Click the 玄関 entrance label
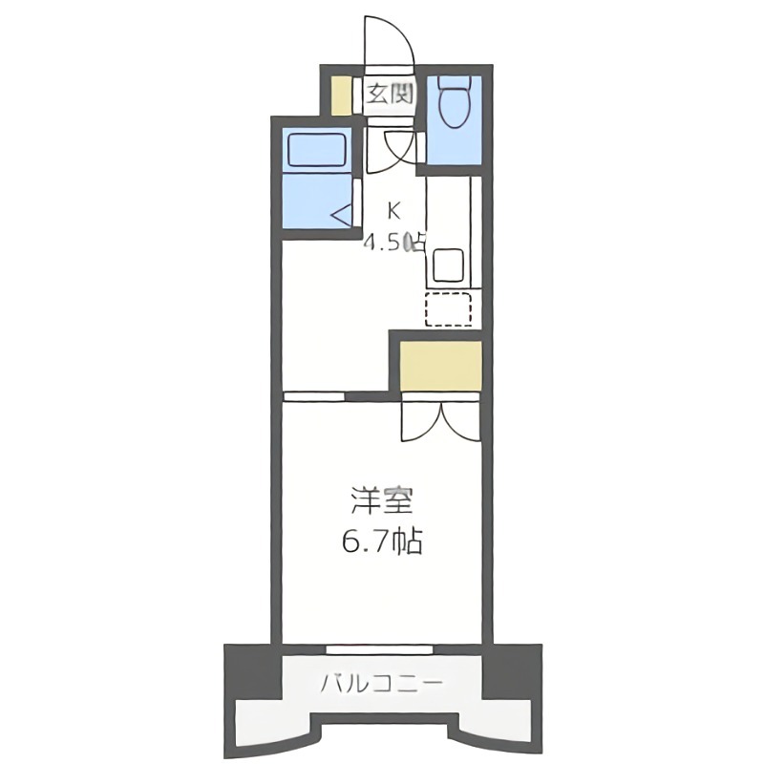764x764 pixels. [389, 94]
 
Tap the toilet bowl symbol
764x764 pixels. [452, 102]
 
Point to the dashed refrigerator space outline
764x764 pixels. [448, 309]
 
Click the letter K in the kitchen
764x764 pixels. [394, 211]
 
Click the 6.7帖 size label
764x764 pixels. [381, 542]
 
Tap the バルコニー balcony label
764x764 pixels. [381, 684]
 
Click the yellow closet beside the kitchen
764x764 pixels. [439, 364]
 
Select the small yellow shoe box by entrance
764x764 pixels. [341, 94]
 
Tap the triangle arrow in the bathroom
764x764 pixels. [343, 215]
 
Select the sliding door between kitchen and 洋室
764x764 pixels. [314, 395]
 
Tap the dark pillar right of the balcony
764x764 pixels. [511, 672]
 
